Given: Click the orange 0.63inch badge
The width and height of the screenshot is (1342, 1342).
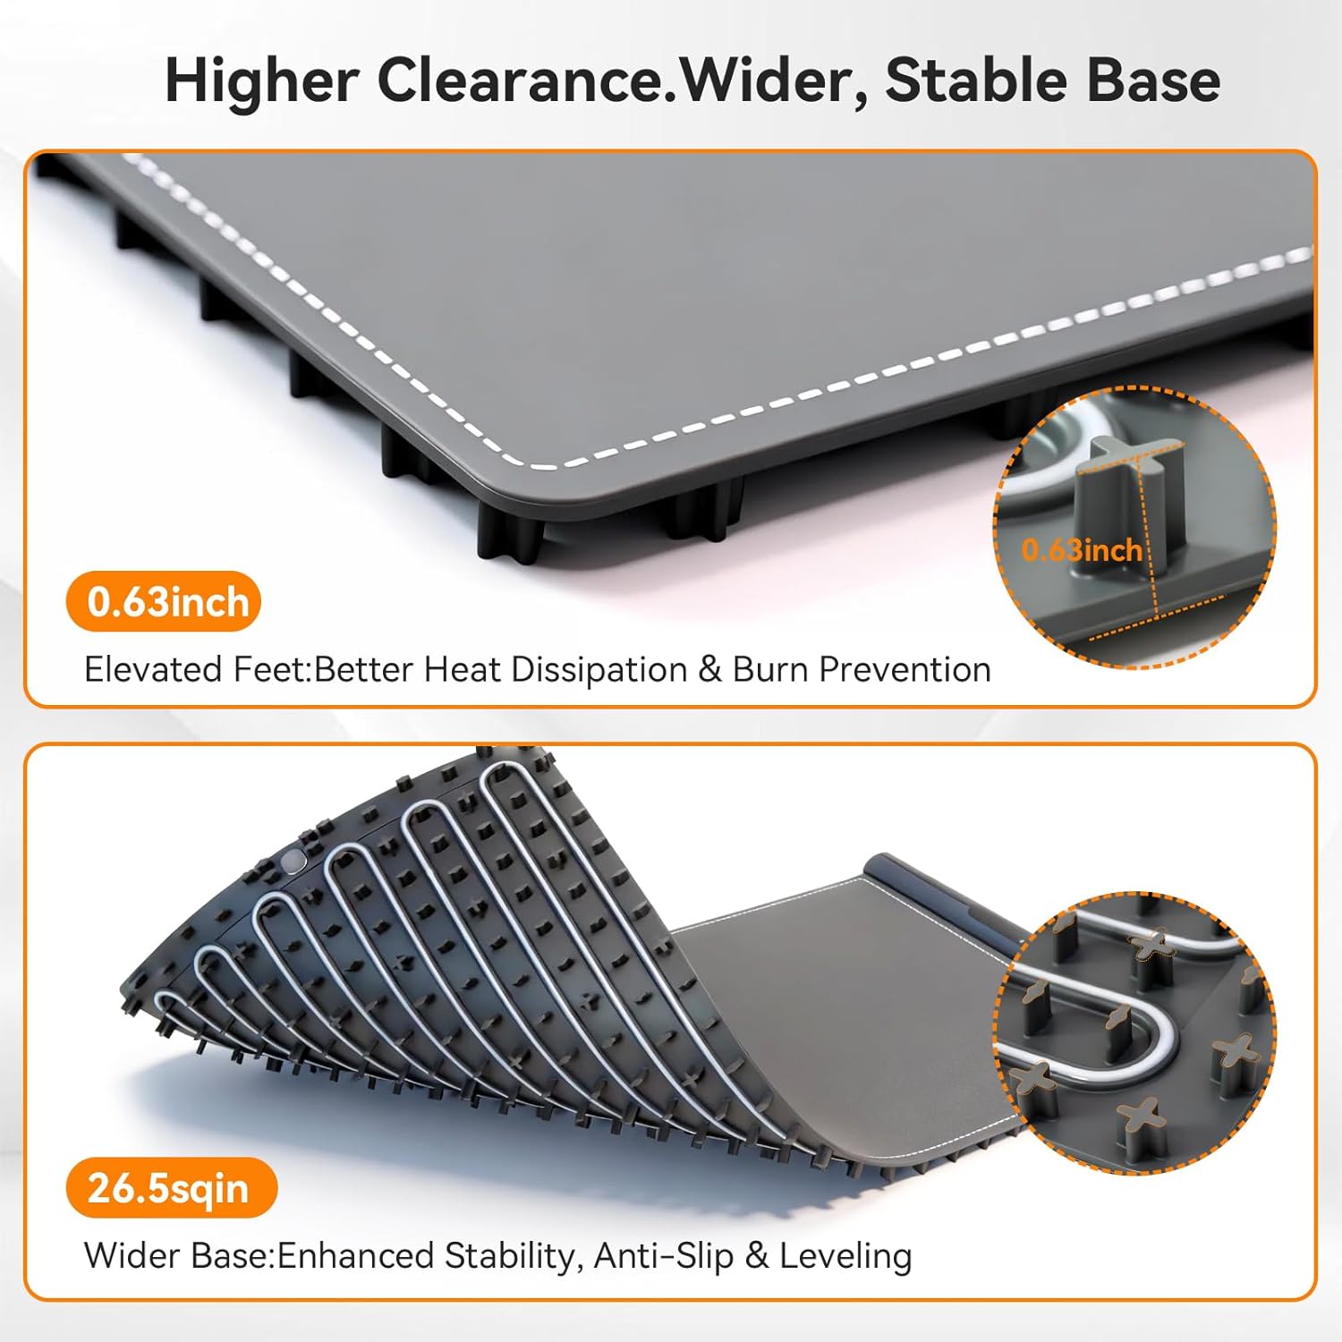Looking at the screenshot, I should (x=164, y=602).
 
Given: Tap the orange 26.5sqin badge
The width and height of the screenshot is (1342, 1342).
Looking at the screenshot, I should (x=170, y=1188).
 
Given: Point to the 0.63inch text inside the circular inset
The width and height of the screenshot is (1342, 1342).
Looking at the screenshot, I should (x=1081, y=549).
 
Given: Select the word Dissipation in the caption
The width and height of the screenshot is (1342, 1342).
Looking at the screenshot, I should (x=599, y=669).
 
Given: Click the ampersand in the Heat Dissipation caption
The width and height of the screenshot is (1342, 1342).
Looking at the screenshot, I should (x=709, y=670).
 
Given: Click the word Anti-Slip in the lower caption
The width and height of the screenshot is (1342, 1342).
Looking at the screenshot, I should (x=663, y=1256).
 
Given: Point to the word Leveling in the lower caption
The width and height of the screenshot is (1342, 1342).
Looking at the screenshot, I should (x=845, y=1256).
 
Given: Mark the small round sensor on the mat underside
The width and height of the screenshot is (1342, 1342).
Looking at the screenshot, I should (x=293, y=861).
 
